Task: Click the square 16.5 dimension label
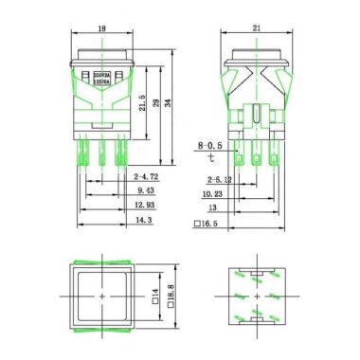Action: [208, 225]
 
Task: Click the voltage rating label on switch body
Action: [101, 72]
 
